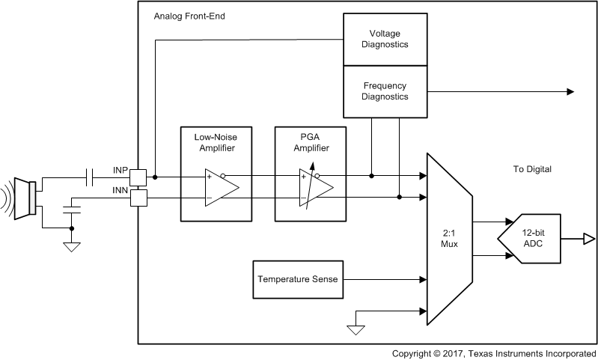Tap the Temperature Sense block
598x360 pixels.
pos(297,279)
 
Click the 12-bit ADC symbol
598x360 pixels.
pos(532,238)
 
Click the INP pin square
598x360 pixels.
pos(138,177)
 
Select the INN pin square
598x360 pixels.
pos(138,198)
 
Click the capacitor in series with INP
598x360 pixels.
pos(90,177)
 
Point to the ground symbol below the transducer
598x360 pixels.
pos(72,246)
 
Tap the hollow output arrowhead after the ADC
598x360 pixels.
pos(590,239)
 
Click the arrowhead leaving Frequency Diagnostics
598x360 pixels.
pos(570,91)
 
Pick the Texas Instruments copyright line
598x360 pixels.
pos(494,353)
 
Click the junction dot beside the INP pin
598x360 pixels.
pos(155,177)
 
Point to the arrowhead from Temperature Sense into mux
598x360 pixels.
pos(422,279)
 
